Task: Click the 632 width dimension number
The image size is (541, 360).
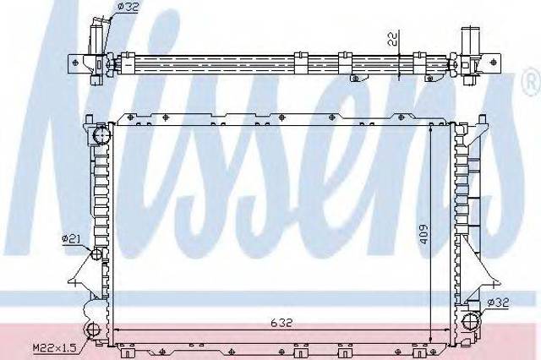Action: pyautogui.click(x=281, y=323)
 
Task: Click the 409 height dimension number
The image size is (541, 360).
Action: pyautogui.click(x=424, y=234)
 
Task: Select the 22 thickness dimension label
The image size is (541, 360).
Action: pyautogui.click(x=392, y=38)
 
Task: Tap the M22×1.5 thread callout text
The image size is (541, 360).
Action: pyautogui.click(x=54, y=347)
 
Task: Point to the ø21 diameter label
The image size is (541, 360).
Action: pyautogui.click(x=71, y=238)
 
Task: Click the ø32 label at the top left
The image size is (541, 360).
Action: pyautogui.click(x=128, y=7)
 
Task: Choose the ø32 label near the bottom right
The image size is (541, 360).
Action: pyautogui.click(x=498, y=303)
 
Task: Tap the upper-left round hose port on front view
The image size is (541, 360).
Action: pyautogui.click(x=101, y=135)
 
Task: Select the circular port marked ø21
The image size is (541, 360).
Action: pyautogui.click(x=96, y=254)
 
